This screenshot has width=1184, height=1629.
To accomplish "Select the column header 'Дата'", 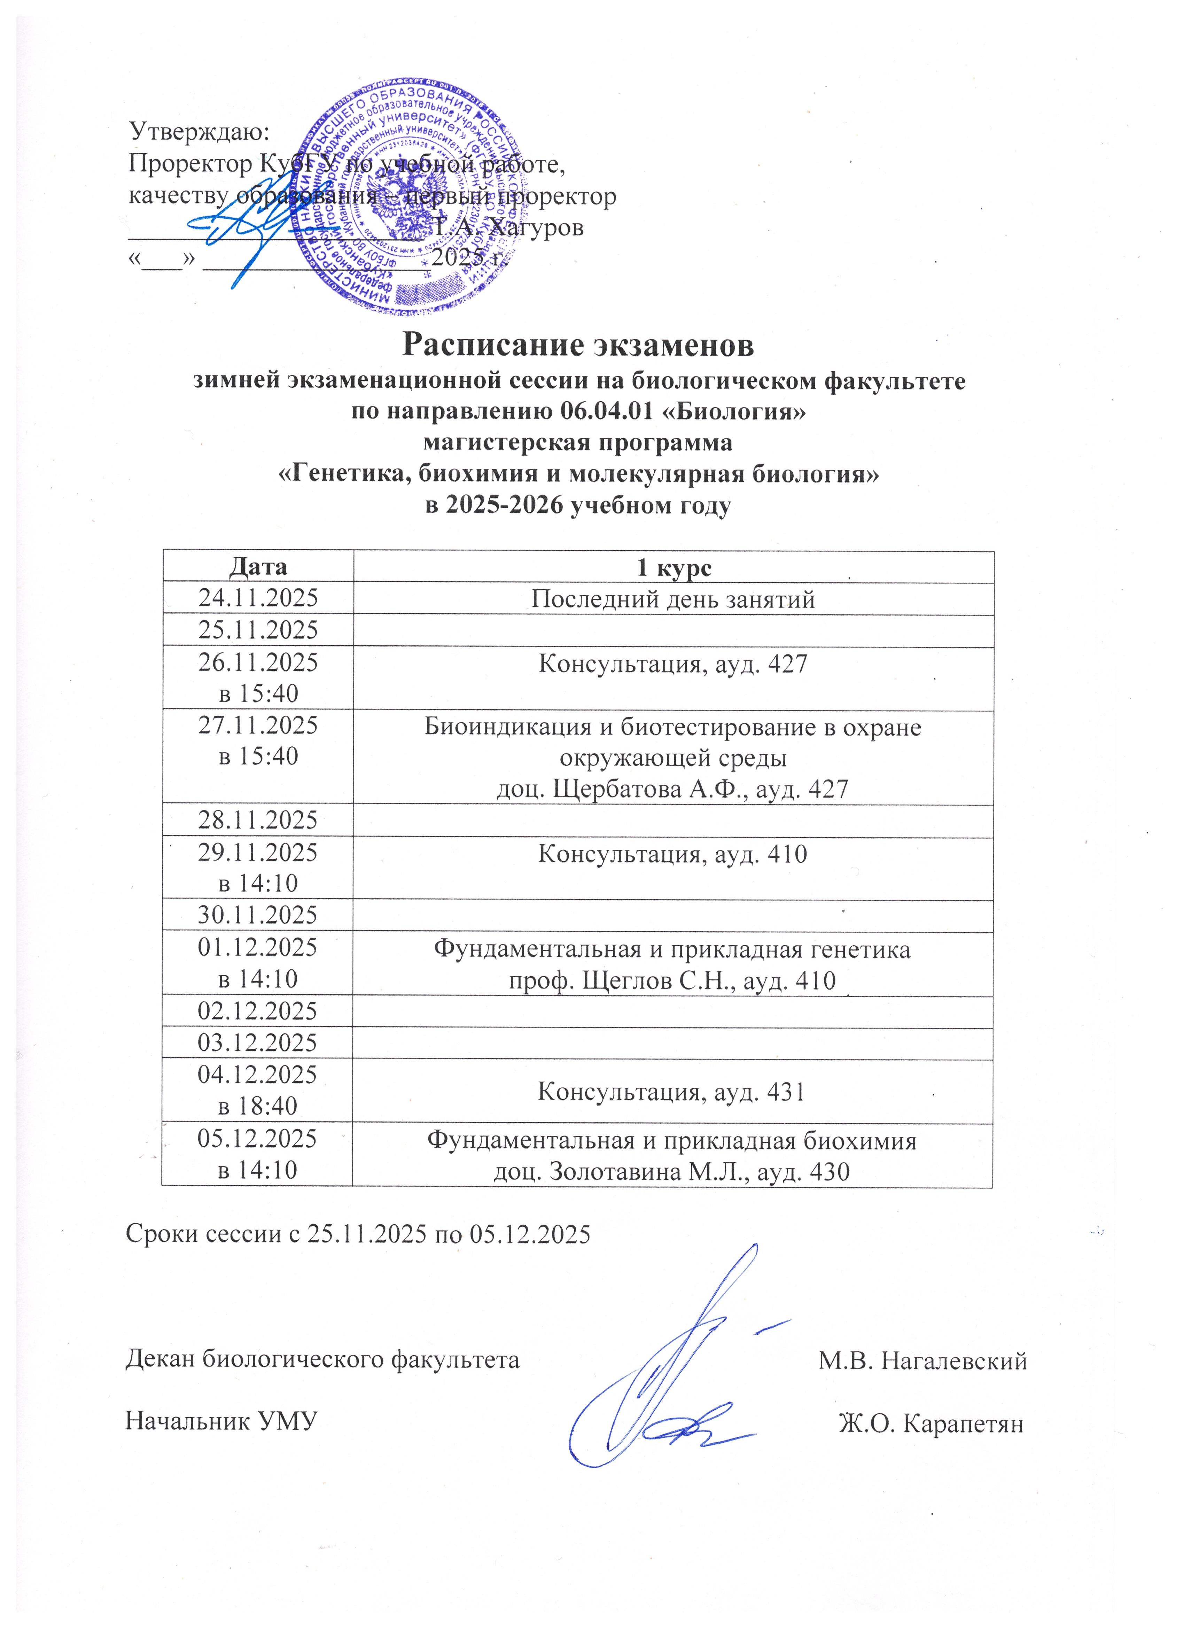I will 258,567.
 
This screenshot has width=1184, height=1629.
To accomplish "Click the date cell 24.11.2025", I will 258,598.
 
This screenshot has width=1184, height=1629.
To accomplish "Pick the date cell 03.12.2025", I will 258,1043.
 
